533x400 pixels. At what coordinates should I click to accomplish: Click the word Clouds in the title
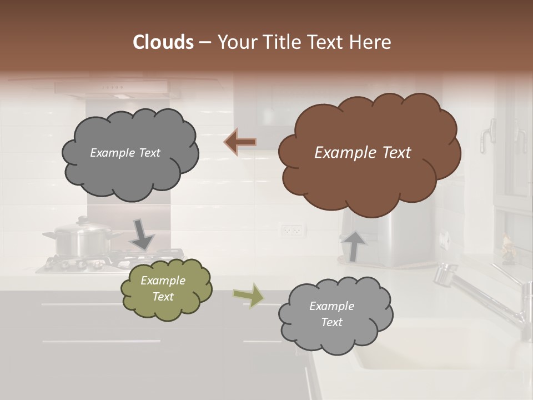pyautogui.click(x=163, y=42)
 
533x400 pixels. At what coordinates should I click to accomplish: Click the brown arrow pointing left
pyautogui.click(x=240, y=142)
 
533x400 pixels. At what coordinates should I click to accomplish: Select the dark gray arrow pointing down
pyautogui.click(x=142, y=234)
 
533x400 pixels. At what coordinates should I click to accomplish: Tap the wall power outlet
pyautogui.click(x=291, y=229)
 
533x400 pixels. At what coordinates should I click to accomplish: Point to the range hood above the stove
pyautogui.click(x=111, y=88)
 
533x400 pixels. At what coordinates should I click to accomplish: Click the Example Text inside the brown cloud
pyautogui.click(x=363, y=153)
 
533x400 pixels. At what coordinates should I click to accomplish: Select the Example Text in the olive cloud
pyautogui.click(x=163, y=289)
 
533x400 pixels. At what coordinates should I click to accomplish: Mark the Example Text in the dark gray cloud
pyautogui.click(x=125, y=153)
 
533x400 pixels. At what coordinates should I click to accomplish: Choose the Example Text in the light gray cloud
pyautogui.click(x=331, y=314)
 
